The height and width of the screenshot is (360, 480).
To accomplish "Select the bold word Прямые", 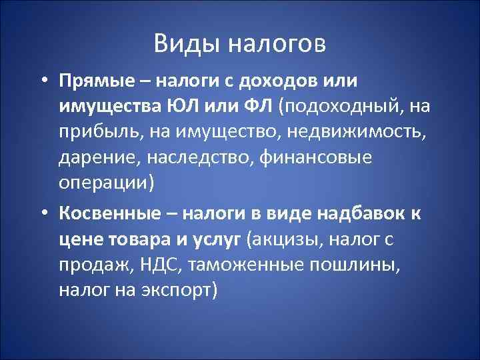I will click(x=100, y=81).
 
